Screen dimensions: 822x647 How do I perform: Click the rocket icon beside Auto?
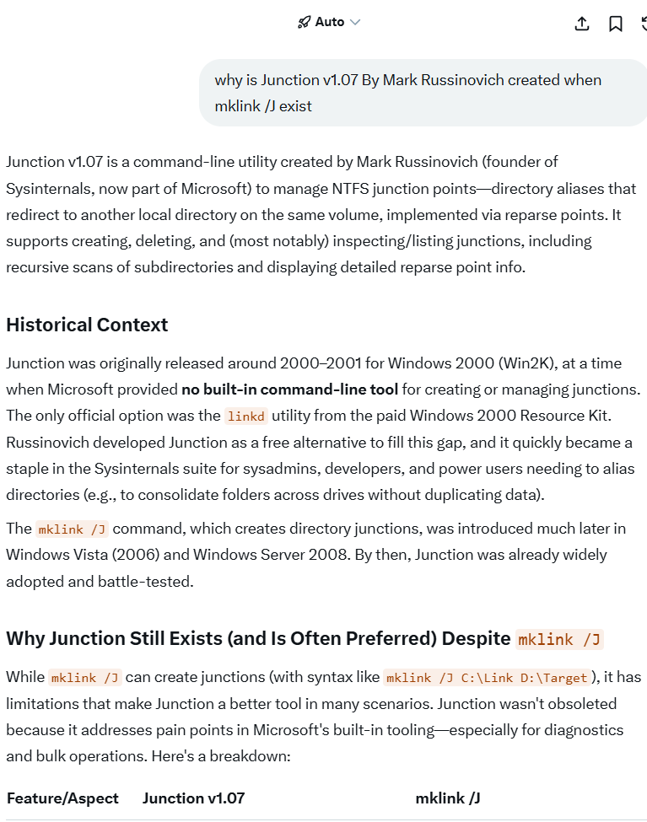305,23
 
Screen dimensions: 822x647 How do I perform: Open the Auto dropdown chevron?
355,23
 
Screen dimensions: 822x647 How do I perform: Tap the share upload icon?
581,24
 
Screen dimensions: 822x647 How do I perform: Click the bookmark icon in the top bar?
616,24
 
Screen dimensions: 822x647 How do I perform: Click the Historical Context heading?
87,325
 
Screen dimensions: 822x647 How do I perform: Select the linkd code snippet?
246,416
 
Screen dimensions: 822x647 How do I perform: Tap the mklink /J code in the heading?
559,639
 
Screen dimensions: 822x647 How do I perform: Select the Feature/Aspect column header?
62,798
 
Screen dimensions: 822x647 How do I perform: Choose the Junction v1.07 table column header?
193,798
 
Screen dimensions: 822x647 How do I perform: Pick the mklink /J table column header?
448,798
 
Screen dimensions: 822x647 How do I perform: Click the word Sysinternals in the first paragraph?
48,188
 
